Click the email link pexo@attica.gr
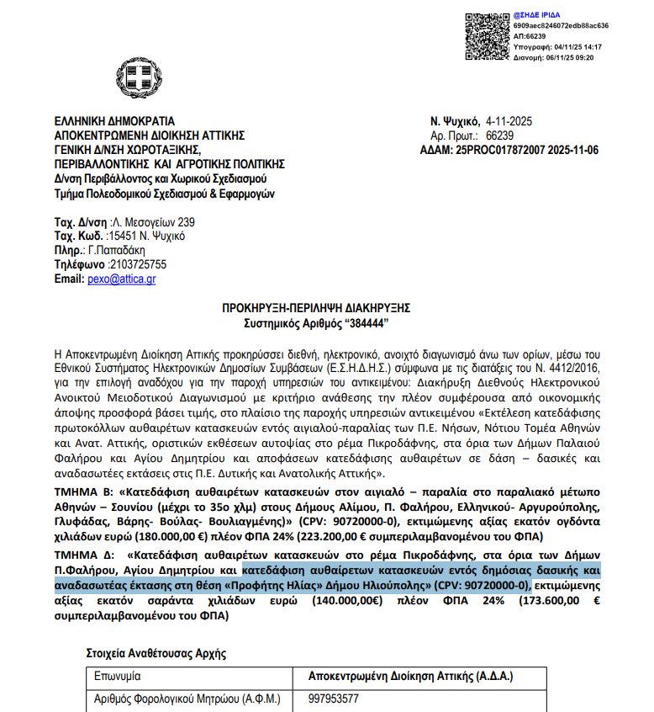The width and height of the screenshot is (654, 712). point(121,279)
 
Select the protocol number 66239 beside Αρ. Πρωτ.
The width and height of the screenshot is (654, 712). point(499,135)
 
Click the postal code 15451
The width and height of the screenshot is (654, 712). point(114,236)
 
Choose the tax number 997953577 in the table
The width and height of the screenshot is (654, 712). point(335,699)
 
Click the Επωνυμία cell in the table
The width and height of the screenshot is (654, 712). point(117,676)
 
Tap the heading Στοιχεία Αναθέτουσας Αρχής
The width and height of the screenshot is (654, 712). point(156,651)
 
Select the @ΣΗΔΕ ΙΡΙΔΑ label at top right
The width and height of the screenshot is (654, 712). point(537,15)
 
